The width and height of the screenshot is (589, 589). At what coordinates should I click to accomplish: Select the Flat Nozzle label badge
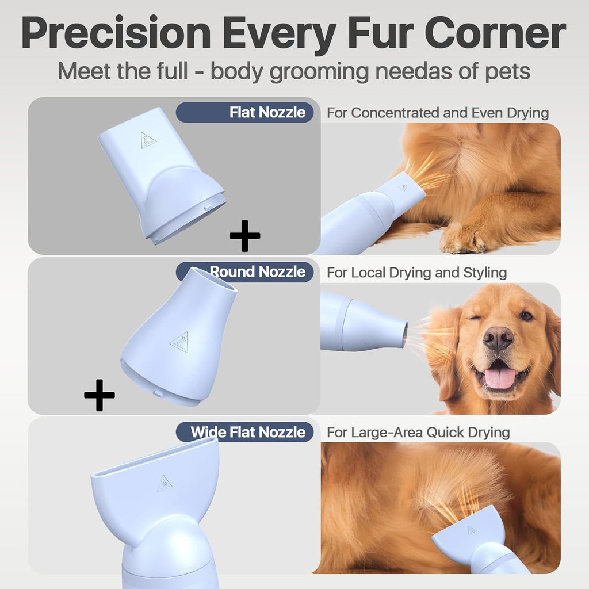click(x=244, y=112)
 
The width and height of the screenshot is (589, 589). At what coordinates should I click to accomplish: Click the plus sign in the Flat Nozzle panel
click(x=244, y=235)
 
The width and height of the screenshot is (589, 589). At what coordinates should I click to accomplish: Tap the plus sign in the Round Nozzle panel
click(x=100, y=395)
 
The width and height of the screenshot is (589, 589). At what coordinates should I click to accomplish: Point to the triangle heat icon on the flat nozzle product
click(x=148, y=140)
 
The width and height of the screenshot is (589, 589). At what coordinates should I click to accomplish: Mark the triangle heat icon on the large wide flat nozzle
click(x=165, y=483)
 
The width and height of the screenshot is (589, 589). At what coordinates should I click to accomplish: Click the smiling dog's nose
click(x=498, y=338)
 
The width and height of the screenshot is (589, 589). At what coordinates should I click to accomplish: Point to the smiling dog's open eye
click(x=526, y=315)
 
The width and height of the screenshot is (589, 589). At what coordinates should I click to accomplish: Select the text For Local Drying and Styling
click(x=416, y=272)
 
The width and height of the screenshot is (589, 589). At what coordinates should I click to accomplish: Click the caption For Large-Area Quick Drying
click(x=418, y=432)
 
